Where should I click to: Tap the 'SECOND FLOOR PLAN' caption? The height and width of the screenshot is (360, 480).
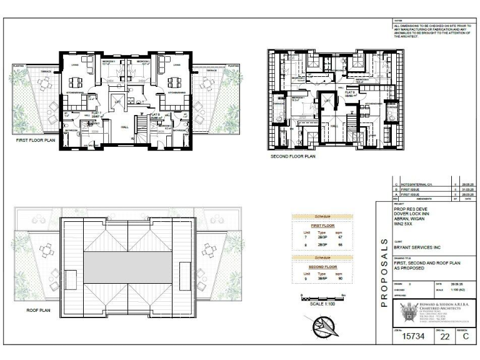(x=292, y=157)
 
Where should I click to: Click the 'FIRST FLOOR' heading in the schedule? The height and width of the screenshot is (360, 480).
(x=322, y=226)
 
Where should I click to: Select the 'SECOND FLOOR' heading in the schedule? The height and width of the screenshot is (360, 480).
(x=322, y=267)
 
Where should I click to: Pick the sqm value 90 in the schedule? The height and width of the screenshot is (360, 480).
(x=340, y=279)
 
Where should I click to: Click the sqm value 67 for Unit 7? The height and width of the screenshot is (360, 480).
(x=340, y=237)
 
